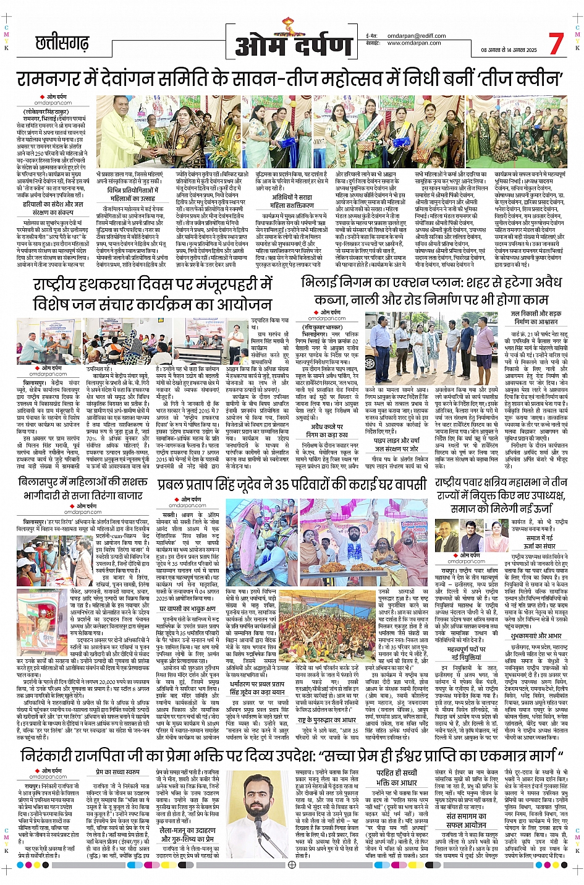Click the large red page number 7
pyautogui.click(x=556, y=44)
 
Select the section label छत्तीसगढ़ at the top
pyautogui.click(x=61, y=44)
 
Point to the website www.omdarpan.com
pyautogui.click(x=414, y=43)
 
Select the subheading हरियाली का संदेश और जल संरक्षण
pyautogui.click(x=53, y=208)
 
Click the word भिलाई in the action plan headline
pyautogui.click(x=322, y=282)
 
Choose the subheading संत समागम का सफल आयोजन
pyautogui.click(x=466, y=820)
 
